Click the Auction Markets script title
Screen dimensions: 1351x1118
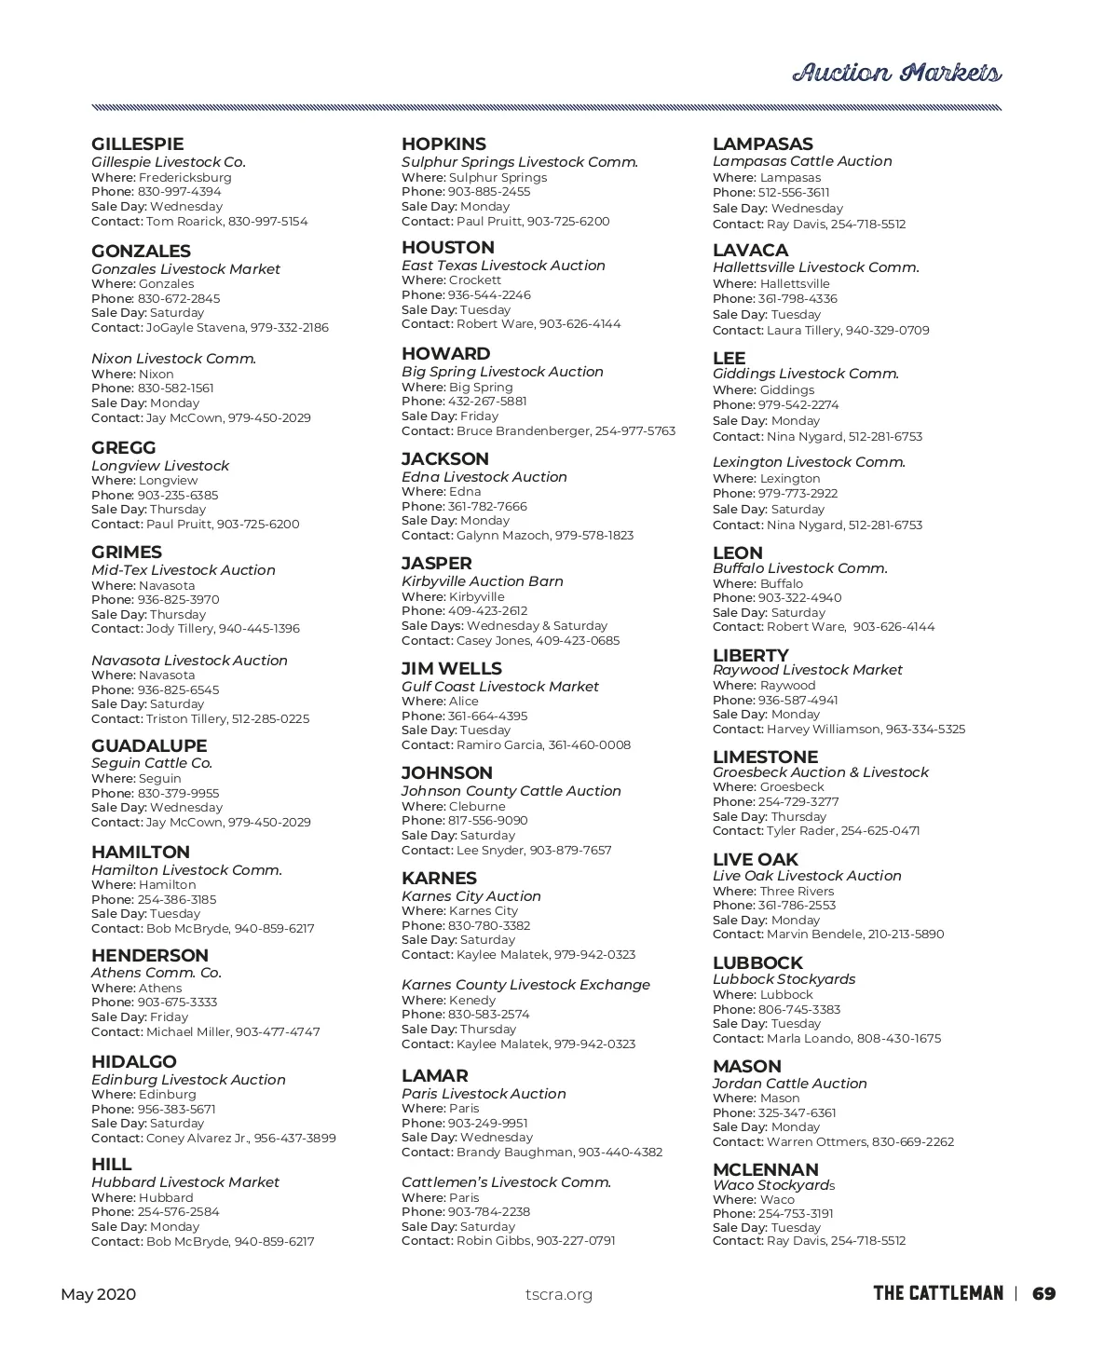click(896, 74)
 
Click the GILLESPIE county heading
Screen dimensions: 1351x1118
click(137, 144)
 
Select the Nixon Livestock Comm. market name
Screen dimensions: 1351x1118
click(173, 359)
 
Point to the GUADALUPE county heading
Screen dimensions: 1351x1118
click(149, 746)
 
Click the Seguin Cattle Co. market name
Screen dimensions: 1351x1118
click(152, 763)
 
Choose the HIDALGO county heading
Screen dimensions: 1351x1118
click(133, 1062)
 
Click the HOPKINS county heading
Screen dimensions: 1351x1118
click(443, 144)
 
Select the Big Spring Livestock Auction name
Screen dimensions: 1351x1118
click(502, 372)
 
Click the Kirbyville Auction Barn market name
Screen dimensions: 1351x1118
click(482, 581)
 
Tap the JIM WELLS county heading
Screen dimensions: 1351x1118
click(451, 669)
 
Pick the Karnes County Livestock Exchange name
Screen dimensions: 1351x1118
click(525, 985)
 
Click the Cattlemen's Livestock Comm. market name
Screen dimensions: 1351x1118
click(506, 1182)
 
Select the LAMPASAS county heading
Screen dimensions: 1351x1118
click(762, 144)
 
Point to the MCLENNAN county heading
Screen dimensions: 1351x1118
click(765, 1170)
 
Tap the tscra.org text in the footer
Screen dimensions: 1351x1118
click(558, 1294)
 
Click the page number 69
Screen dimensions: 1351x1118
click(1043, 1293)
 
